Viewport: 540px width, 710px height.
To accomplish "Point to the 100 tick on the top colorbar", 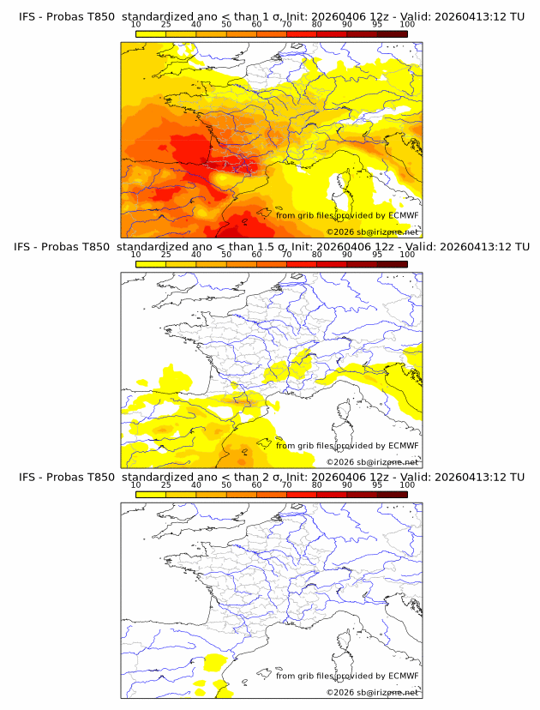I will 407,24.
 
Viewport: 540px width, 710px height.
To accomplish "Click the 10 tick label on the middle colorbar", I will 135,254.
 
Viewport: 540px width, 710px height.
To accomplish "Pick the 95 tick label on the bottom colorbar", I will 378,484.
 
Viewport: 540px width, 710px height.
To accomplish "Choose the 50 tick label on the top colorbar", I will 226,24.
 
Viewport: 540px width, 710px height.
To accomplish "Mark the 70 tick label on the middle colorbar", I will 286,254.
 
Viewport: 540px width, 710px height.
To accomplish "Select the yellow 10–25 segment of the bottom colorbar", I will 151,493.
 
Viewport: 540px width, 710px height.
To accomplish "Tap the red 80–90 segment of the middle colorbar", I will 332,263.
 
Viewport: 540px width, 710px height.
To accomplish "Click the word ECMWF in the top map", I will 403,216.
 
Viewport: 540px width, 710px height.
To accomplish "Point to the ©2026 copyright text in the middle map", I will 340,461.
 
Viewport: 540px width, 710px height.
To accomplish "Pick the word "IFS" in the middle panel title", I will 28,247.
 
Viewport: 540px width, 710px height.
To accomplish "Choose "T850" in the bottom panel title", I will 99,477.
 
